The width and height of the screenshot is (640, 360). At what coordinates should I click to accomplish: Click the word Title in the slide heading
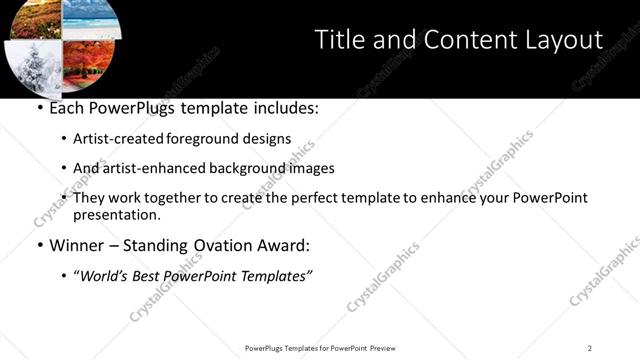tap(339, 40)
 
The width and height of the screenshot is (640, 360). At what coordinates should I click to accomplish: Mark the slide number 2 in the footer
tap(589, 348)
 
